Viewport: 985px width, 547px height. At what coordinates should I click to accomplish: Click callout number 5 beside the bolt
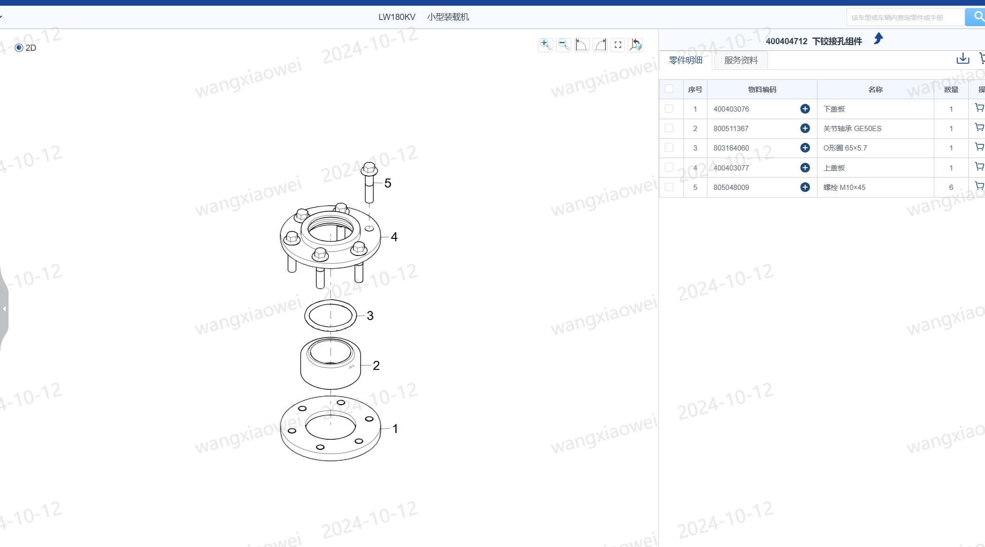point(388,183)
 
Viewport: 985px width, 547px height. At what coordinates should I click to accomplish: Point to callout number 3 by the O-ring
point(370,316)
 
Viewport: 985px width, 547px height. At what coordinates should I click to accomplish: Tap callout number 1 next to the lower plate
point(395,429)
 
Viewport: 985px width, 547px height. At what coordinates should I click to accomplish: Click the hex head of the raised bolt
point(369,169)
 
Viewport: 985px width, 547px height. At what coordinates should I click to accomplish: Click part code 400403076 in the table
point(731,109)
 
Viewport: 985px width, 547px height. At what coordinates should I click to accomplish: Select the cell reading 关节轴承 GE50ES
point(852,129)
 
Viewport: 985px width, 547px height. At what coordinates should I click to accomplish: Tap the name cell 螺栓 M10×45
point(844,188)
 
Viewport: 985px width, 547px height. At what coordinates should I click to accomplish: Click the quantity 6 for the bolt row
point(951,188)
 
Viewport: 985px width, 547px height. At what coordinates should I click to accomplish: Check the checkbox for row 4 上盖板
point(669,167)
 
